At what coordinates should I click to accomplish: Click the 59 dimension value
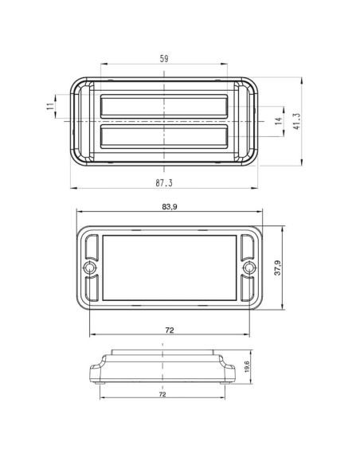[164, 59]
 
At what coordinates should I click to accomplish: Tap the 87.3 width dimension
[164, 183]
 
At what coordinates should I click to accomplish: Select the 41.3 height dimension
[296, 121]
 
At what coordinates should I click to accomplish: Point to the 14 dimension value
[279, 121]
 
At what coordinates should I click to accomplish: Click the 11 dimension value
[51, 106]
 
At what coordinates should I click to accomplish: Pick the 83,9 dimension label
[170, 207]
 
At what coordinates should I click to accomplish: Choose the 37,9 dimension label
[277, 268]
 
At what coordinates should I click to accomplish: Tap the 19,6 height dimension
[247, 367]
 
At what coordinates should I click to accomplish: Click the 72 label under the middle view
[170, 330]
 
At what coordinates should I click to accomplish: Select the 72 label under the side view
[162, 394]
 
